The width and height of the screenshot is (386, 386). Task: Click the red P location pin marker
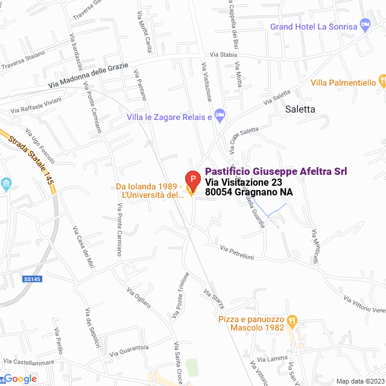point(192,179)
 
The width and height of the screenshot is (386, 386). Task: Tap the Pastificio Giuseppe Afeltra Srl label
point(276,172)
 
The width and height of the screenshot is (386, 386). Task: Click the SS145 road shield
point(32,279)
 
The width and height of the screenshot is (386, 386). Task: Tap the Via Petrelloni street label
point(237,253)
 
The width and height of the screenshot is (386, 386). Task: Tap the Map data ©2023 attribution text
point(359,381)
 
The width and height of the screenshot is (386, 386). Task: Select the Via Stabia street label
point(223,54)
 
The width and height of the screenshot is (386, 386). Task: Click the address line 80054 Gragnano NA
point(248,192)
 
